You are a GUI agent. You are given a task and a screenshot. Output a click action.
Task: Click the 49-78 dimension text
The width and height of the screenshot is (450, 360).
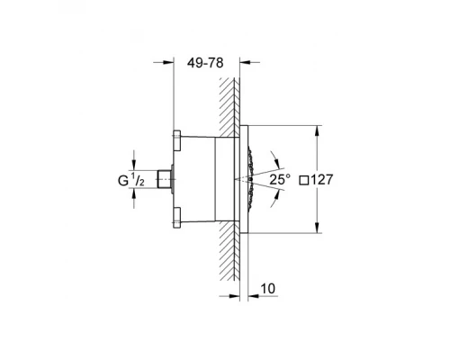[206, 64]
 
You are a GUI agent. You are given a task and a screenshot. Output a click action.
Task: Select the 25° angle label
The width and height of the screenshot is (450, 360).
[281, 180]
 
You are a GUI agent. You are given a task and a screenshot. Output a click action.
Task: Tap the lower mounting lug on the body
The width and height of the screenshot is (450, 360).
[175, 216]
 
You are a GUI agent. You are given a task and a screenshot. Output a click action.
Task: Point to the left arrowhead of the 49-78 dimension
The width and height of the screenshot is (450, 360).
[167, 62]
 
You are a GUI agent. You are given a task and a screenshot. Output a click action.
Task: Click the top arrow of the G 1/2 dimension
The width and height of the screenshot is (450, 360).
[148, 165]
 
